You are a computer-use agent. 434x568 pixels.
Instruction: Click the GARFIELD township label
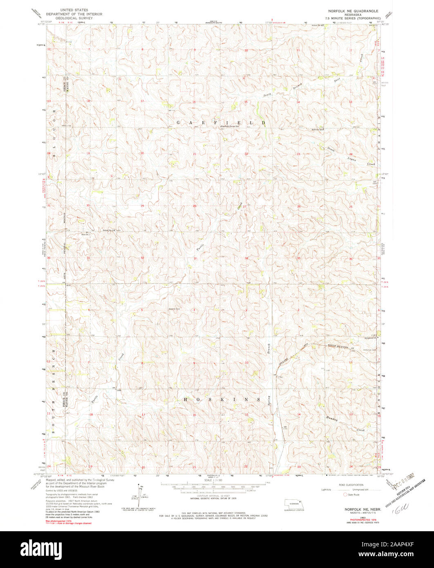point(221,123)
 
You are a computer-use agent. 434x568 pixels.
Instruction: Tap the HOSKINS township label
point(221,399)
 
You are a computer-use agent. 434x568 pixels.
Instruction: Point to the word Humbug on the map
point(334,418)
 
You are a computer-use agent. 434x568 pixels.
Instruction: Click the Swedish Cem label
point(174,309)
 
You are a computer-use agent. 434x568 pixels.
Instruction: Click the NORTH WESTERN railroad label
point(340,347)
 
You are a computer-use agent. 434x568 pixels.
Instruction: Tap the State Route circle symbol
point(345,494)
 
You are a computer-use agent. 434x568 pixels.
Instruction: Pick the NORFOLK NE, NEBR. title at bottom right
point(359,510)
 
